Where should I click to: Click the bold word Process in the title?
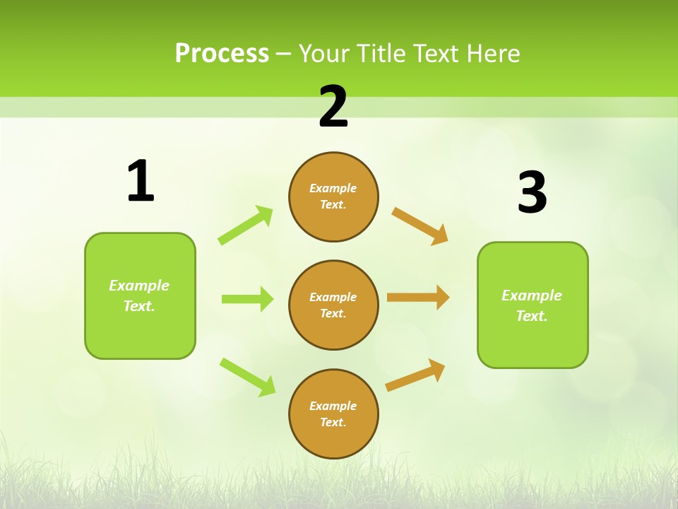[x=222, y=54]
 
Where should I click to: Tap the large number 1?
[x=141, y=181]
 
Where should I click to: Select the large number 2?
[x=333, y=107]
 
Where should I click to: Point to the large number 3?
[x=532, y=192]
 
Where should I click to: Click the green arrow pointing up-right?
[x=246, y=226]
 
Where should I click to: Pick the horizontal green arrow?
[x=247, y=299]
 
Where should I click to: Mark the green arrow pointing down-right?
[x=247, y=377]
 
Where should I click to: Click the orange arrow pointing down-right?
[x=420, y=226]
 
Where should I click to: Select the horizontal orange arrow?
[x=418, y=298]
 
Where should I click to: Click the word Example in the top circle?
[x=333, y=188]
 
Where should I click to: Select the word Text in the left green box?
[x=138, y=306]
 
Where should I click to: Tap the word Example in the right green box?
[x=532, y=296]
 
